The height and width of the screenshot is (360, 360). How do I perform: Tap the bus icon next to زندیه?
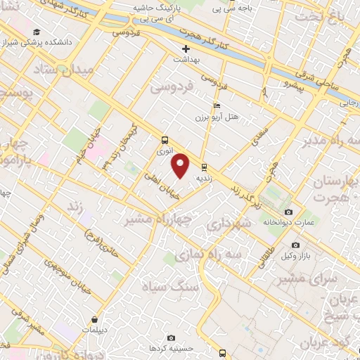click(x=204, y=167)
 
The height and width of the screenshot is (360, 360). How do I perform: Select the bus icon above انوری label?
click(x=165, y=140)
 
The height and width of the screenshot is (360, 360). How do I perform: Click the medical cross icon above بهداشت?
click(x=186, y=49)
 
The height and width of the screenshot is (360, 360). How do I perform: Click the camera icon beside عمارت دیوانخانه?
click(x=288, y=212)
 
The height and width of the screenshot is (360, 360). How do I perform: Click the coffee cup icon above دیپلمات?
click(x=94, y=319)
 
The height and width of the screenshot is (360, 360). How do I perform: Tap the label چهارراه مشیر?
click(x=157, y=218)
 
